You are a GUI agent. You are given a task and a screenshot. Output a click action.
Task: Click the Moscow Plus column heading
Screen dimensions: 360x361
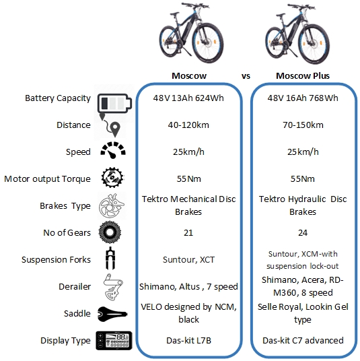tap(303, 75)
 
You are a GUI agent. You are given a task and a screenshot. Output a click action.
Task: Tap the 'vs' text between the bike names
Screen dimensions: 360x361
tap(246, 76)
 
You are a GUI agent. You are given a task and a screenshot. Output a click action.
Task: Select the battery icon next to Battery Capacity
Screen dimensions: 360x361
tap(114, 103)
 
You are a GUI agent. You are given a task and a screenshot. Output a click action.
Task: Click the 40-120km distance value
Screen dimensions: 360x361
tap(188, 125)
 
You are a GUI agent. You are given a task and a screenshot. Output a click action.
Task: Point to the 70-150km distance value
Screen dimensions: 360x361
tap(303, 125)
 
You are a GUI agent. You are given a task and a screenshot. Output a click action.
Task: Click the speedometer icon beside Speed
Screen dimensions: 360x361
tap(113, 150)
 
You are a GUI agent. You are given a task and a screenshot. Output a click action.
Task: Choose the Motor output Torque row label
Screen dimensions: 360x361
tap(47, 179)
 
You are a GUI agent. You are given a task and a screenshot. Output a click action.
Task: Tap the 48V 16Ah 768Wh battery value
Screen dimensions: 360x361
tap(303, 98)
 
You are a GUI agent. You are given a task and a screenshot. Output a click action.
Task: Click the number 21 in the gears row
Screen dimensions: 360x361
tap(188, 233)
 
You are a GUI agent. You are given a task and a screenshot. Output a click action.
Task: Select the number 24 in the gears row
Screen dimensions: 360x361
tap(303, 233)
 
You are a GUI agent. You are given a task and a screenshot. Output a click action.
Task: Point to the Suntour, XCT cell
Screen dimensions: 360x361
tap(188, 260)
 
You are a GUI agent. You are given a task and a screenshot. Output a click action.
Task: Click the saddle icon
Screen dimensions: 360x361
tap(112, 314)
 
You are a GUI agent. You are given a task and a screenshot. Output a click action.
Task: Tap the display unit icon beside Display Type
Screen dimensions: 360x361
tap(114, 341)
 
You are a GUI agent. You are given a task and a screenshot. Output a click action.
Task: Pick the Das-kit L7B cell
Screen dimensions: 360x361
tap(188, 341)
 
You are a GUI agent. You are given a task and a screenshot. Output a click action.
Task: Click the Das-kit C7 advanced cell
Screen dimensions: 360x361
tap(303, 341)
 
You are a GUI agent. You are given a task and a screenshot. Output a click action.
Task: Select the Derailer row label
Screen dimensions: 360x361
tap(75, 287)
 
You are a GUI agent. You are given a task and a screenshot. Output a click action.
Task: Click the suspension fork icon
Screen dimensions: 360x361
tap(110, 259)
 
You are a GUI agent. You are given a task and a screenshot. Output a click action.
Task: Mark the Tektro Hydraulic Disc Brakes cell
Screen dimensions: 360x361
tap(303, 205)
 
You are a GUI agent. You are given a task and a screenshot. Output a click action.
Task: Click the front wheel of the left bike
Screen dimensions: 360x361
tap(207, 42)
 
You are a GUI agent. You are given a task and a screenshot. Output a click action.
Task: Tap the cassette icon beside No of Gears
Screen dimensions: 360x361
tap(110, 232)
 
